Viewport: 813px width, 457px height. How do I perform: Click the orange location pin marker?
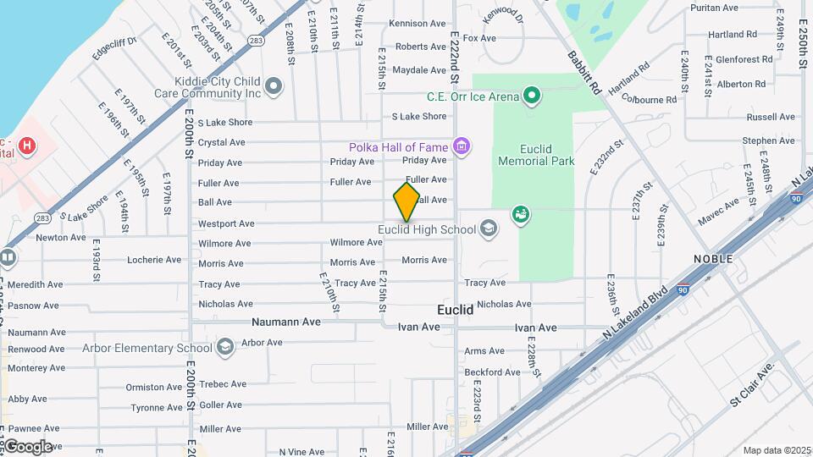tap(406, 201)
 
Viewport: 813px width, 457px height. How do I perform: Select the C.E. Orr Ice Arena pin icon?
tap(531, 96)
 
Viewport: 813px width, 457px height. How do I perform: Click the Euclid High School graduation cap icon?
tap(489, 228)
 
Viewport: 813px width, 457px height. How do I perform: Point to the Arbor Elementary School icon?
tap(224, 347)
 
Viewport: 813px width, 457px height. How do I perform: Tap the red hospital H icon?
tap(27, 146)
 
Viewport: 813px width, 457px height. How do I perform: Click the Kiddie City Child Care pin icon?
tap(274, 85)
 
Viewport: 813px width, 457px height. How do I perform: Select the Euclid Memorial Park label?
tap(536, 154)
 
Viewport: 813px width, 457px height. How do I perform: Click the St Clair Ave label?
tap(752, 385)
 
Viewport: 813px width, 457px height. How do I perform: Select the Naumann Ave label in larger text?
tap(286, 322)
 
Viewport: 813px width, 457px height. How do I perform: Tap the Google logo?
tap(28, 446)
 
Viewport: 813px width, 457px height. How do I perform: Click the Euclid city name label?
tap(455, 310)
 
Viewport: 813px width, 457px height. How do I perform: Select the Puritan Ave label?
tap(715, 8)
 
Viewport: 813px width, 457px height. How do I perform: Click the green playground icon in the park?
tap(522, 214)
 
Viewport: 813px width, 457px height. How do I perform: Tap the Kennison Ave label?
tap(418, 24)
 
